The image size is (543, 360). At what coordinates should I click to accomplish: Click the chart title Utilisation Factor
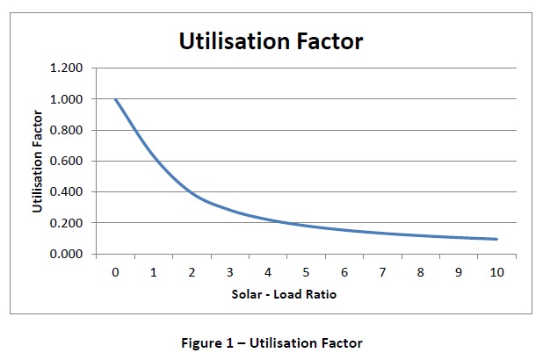pos(271,40)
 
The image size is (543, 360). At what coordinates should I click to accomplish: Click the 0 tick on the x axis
pos(115,272)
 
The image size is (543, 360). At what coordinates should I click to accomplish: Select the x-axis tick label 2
pos(192,272)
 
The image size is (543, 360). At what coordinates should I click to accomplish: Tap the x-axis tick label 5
pos(306,272)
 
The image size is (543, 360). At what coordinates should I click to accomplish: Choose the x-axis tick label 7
pos(382,272)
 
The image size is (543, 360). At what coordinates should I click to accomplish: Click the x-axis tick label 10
pos(496,272)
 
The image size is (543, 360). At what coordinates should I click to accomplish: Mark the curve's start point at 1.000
pos(115,99)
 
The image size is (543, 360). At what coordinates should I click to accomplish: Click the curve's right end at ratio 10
pos(496,239)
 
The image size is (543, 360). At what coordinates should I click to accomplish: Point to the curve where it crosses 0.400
pos(192,192)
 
